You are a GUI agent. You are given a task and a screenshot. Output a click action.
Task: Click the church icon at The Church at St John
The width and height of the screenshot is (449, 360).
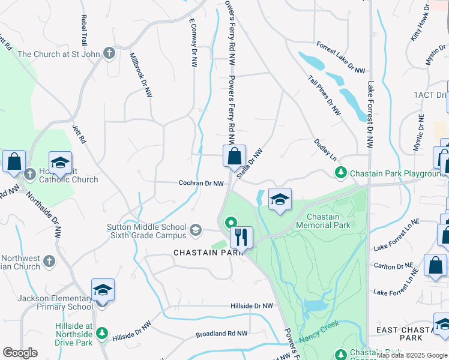109,54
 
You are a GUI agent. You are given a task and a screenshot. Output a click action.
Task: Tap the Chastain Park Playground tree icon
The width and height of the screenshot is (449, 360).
341,173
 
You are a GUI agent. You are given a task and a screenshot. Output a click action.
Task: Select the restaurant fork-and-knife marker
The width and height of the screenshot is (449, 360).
241,237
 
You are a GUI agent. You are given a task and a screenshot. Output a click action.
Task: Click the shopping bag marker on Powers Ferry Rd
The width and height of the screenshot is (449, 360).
235,156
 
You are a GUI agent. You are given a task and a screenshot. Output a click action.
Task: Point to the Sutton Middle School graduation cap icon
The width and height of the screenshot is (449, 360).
196,230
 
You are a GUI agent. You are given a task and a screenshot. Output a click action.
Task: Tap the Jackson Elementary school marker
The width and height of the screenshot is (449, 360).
103,291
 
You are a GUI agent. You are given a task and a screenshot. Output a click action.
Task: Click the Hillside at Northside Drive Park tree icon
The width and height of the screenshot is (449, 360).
102,332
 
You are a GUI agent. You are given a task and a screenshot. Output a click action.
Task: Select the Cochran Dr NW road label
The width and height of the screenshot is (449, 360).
201,184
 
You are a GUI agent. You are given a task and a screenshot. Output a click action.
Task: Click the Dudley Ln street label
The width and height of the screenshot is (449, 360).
325,149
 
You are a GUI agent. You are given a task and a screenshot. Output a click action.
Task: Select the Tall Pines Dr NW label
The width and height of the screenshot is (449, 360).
324,95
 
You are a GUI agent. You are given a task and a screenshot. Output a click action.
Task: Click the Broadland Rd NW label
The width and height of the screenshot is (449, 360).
221,334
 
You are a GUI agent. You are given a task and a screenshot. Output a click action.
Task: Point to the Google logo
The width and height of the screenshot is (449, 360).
20,353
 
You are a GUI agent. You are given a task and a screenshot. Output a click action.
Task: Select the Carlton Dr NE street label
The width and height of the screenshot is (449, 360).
393,266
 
